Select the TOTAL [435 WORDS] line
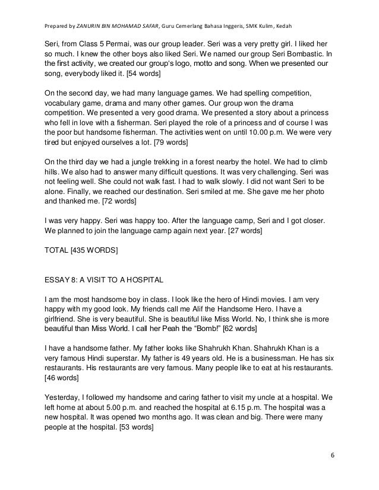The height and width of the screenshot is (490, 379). click(x=81, y=251)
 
